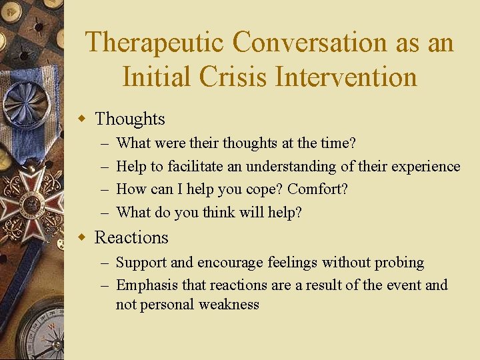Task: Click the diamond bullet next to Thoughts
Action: point(82,119)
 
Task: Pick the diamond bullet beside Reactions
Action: point(82,238)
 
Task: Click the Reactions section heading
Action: point(131,237)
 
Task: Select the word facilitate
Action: point(195,166)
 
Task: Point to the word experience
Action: point(423,166)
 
